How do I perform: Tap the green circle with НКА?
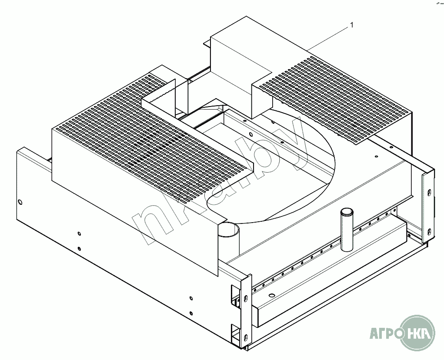[x=418, y=334]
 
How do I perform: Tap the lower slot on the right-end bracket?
[x=429, y=231]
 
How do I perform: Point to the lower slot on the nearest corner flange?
[x=246, y=337]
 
